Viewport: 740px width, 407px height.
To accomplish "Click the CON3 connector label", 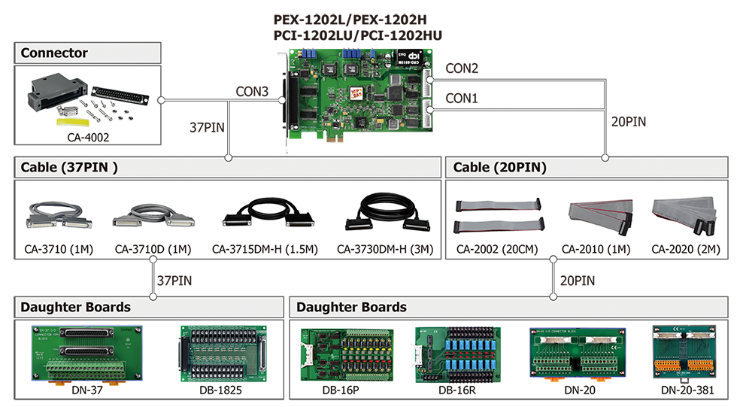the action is pos(252,91).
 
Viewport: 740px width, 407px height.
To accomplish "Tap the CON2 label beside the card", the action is pos(462,68).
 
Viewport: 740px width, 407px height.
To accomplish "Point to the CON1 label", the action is pos(462,99).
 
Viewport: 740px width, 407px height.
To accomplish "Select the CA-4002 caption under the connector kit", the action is pos(88,138).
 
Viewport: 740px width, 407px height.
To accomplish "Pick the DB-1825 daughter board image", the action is pos(223,354).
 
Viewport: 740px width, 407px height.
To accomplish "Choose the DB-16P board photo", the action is pos(347,354).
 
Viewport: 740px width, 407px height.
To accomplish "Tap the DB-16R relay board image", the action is pos(457,354).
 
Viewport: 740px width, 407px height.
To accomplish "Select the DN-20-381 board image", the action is pos(684,353).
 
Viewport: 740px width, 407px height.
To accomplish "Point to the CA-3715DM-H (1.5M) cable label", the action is pos(265,249).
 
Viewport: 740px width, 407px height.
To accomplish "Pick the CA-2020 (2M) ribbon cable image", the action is pos(684,216).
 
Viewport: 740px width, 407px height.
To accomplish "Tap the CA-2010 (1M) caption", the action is pos(596,249).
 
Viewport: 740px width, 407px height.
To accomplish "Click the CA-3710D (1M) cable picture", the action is pos(153,216).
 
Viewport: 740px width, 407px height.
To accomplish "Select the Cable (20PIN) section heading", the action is pos(500,167).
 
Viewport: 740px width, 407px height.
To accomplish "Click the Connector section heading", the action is pos(54,53).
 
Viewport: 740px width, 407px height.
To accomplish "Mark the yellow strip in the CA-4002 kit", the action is pos(73,123).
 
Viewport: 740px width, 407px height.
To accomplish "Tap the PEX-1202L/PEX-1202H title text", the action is pos(350,20).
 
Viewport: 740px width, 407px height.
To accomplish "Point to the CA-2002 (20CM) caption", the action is pos(497,249).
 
